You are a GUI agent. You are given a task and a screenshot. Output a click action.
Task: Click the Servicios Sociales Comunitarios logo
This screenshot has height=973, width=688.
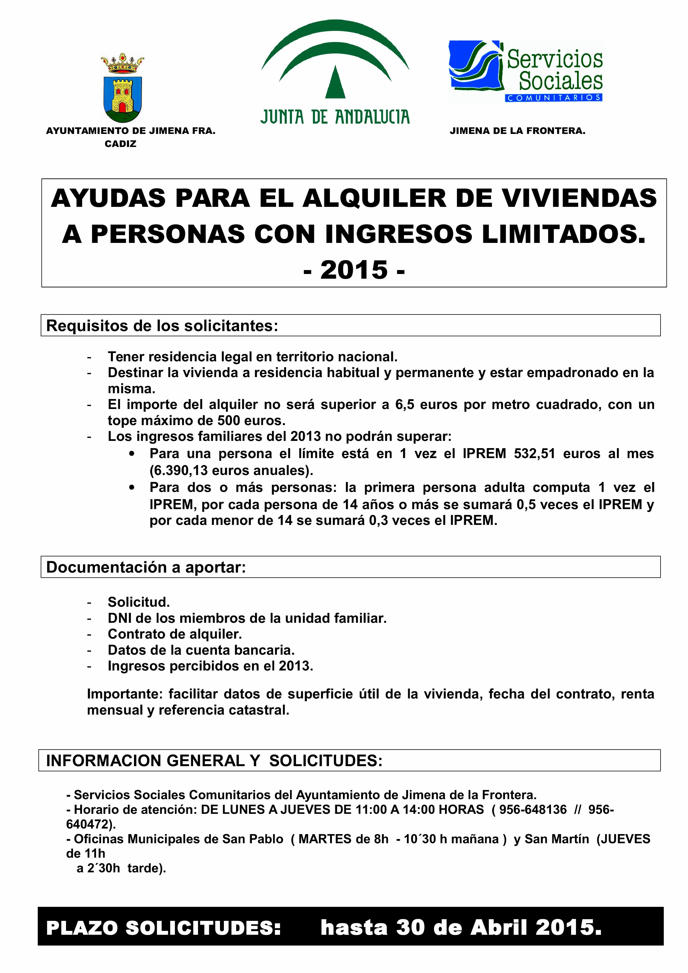tap(526, 71)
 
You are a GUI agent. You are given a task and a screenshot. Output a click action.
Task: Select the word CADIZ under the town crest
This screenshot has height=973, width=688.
tap(120, 144)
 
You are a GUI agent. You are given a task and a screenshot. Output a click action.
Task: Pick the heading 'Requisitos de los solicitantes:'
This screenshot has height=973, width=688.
tap(162, 326)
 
